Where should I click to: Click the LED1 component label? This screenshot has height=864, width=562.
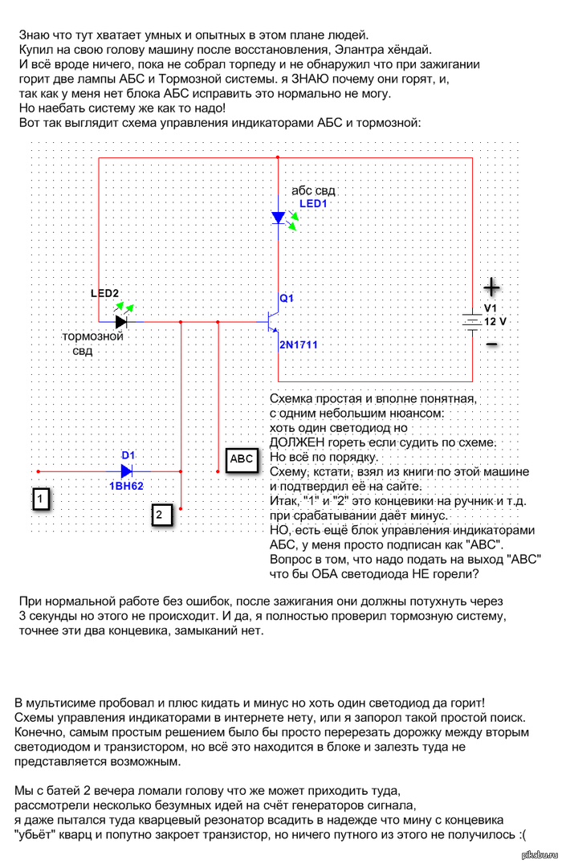click(314, 204)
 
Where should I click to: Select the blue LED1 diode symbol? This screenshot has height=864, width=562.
click(279, 218)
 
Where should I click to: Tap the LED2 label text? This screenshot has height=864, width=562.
click(104, 294)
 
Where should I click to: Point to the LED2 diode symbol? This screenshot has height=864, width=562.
click(121, 321)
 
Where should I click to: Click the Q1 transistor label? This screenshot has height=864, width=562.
click(287, 299)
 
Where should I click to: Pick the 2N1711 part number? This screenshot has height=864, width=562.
click(299, 344)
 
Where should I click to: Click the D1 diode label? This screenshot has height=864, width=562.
click(128, 455)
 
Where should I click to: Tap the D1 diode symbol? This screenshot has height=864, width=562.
click(126, 471)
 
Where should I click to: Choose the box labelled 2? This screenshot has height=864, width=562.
click(161, 514)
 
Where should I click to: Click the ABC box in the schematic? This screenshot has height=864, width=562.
click(242, 459)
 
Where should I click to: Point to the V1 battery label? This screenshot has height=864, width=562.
click(491, 308)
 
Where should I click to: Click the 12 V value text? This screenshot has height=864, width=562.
click(495, 320)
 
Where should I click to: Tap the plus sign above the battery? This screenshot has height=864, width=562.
click(491, 287)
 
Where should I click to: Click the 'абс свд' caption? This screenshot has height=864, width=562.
click(313, 191)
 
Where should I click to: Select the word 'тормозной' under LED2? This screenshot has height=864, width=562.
click(92, 336)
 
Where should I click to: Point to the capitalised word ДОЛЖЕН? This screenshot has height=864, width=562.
click(297, 442)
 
